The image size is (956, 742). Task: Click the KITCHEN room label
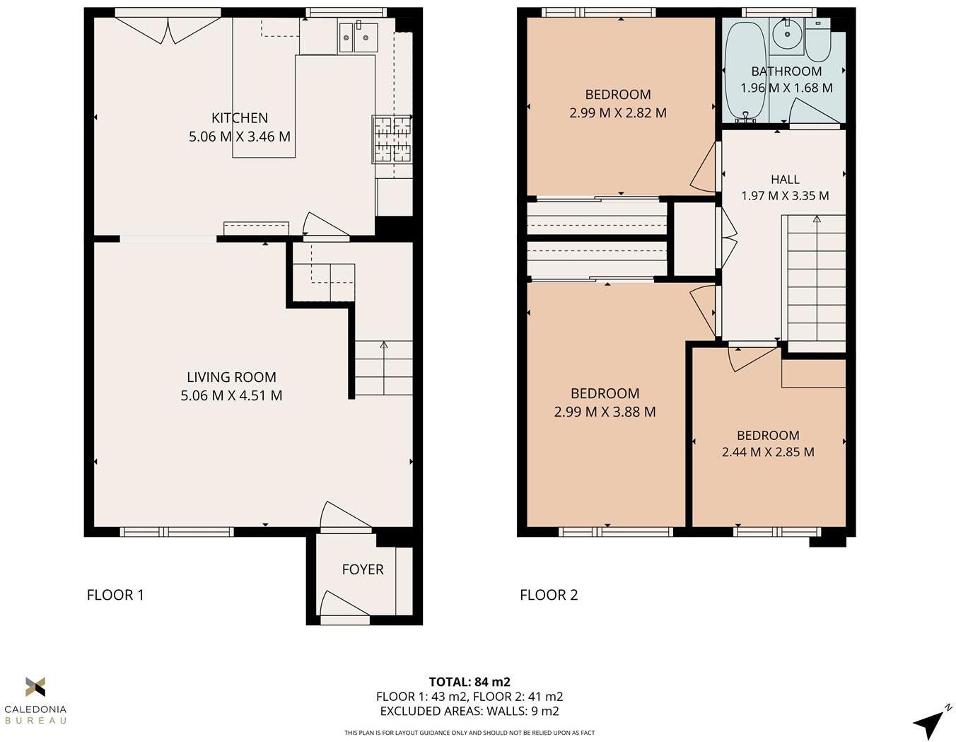pos(240,118)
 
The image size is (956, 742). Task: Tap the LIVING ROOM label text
pos(231,378)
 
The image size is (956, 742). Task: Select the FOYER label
pos(363,569)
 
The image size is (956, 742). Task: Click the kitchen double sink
pos(357,37)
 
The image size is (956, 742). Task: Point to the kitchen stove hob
pos(392,139)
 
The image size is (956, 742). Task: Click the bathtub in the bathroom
pos(743,71)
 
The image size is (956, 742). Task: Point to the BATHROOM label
pos(786,71)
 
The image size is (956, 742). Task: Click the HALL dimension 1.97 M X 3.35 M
pos(785,196)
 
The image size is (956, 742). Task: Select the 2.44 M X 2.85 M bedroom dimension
pos(768,452)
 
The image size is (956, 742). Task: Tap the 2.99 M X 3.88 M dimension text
pos(605,412)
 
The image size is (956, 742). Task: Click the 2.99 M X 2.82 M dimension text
pos(617,112)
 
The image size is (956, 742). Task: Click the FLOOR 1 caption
pos(115,595)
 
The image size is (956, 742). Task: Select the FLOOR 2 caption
pos(549,595)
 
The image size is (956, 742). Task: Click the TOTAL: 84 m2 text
pos(470,682)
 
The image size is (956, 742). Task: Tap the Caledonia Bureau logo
pos(35,700)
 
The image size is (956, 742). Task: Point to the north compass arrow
pos(931,721)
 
